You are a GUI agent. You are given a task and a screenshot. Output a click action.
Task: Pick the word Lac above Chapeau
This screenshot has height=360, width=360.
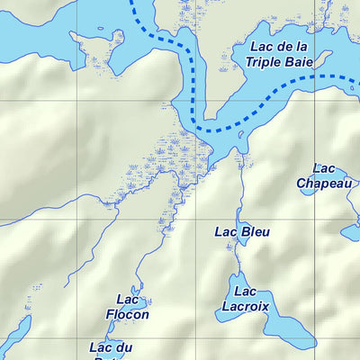click(324, 168)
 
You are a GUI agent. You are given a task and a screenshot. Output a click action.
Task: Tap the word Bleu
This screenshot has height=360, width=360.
click(255, 231)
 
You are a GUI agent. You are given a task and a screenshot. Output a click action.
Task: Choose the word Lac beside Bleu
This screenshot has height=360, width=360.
click(226, 231)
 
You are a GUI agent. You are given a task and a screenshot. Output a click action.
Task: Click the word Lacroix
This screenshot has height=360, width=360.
click(245, 305)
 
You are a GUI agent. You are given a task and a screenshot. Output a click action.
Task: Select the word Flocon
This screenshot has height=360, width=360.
click(127, 315)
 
